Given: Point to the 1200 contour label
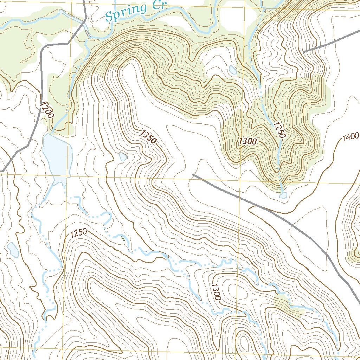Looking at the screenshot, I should click(47, 110).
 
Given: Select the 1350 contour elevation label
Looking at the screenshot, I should click(148, 137).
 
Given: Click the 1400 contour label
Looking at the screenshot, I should click(351, 136).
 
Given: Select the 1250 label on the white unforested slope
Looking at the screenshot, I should click(78, 233).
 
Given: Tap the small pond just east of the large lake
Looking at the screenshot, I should click(123, 157).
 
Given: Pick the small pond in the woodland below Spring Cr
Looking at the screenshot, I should click(233, 70).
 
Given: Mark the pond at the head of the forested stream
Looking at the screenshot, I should click(283, 195).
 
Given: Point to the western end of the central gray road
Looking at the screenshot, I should click(194, 174).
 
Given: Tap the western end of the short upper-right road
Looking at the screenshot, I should click(304, 52).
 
